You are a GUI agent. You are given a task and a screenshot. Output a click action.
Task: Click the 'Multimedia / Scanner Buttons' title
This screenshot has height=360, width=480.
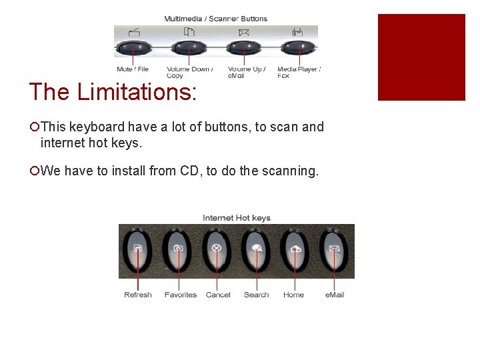pyautogui.click(x=216, y=19)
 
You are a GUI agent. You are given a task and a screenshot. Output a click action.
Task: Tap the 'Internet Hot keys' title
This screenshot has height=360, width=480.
pyautogui.click(x=237, y=218)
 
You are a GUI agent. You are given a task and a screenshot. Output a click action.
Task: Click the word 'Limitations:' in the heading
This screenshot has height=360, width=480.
pyautogui.click(x=137, y=92)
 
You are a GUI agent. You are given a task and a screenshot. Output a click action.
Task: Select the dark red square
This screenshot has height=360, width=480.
pyautogui.click(x=421, y=57)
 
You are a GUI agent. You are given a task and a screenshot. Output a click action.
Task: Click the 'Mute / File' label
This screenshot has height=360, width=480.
pyautogui.click(x=133, y=69)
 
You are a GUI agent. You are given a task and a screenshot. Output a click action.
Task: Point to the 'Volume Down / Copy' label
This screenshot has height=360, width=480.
pyautogui.click(x=189, y=72)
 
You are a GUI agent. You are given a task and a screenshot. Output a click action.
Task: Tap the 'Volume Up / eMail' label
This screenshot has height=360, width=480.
pyautogui.click(x=246, y=72)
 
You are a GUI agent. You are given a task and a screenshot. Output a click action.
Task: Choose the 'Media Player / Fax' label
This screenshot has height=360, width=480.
pyautogui.click(x=299, y=72)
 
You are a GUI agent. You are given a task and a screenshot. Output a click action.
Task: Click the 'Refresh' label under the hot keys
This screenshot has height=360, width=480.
pyautogui.click(x=138, y=295)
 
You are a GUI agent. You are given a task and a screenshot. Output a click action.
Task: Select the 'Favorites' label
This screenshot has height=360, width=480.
pyautogui.click(x=181, y=295)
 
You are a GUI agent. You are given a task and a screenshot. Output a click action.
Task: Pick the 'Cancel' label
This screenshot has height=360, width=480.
pyautogui.click(x=218, y=295)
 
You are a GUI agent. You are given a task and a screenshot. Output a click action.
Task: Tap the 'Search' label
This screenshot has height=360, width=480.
pyautogui.click(x=257, y=295)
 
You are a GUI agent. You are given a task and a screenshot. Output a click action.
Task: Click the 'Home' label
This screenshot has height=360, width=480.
pyautogui.click(x=293, y=295)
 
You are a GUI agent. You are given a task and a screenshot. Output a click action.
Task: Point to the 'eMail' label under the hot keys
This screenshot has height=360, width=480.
pyautogui.click(x=335, y=295)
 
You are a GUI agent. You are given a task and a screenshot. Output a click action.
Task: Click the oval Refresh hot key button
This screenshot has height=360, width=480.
pyautogui.click(x=138, y=251)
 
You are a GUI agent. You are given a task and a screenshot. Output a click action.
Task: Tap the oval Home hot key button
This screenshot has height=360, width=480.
pyautogui.click(x=294, y=251)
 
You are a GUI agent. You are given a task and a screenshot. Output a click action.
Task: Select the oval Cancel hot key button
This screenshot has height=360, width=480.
pyautogui.click(x=216, y=251)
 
